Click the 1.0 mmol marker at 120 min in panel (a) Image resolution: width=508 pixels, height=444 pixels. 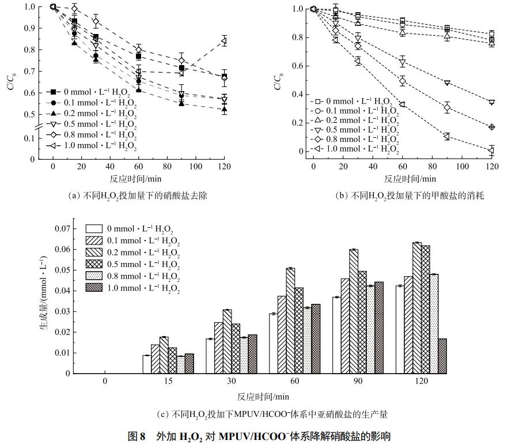pyautogui.click(x=224, y=40)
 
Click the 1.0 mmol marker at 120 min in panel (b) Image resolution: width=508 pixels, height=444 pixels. pyautogui.click(x=491, y=150)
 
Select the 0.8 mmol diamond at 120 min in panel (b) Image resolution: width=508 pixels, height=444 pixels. pyautogui.click(x=491, y=127)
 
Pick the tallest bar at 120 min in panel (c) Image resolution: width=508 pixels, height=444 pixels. pyautogui.click(x=416, y=307)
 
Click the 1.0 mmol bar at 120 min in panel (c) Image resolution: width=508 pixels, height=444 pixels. pyautogui.click(x=442, y=356)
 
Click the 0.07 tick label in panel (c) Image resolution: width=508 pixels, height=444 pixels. pyautogui.click(x=61, y=229)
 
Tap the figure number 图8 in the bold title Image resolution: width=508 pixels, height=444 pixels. pyautogui.click(x=136, y=436)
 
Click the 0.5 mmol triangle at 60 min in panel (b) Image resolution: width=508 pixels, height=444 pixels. pyautogui.click(x=402, y=62)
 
